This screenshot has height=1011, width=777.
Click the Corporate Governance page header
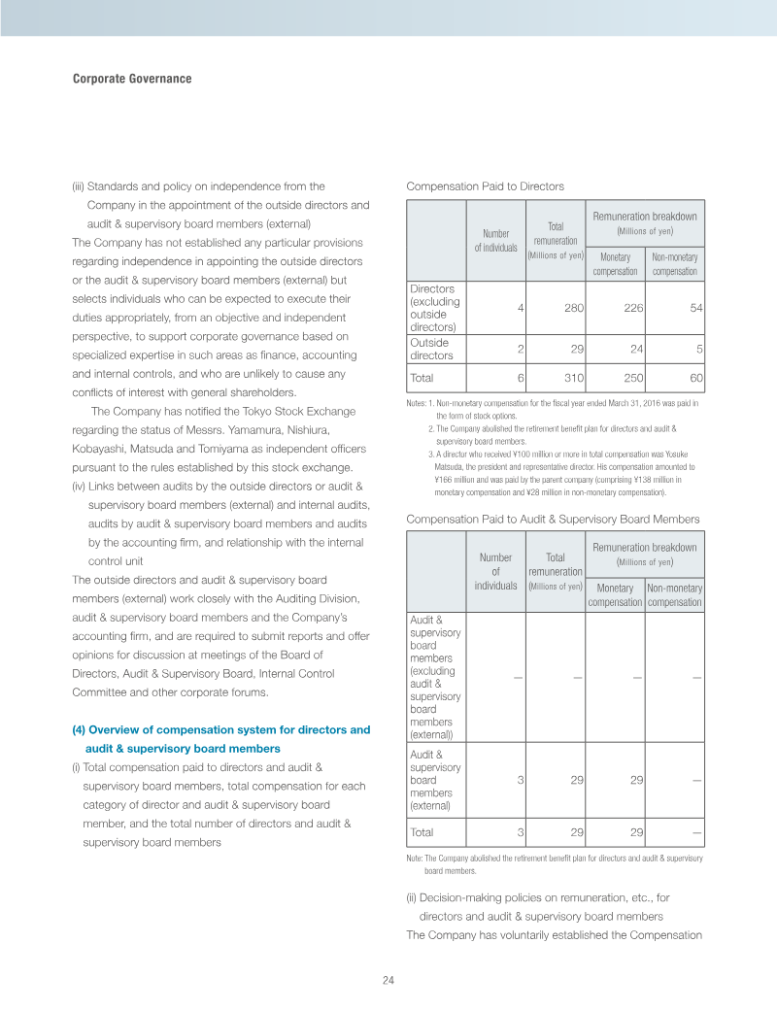coord(132,79)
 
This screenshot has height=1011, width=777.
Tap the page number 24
coord(388,979)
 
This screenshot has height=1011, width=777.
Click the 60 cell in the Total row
coord(695,377)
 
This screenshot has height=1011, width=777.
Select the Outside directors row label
coord(429,350)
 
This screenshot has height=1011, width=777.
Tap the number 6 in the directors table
coord(522,377)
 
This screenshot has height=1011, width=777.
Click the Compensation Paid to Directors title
coord(485,186)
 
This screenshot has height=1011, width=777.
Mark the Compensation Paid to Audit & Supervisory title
coord(552,520)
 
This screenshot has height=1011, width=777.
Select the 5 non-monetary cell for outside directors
coord(699,350)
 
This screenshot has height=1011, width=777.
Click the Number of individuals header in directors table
coord(496,240)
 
